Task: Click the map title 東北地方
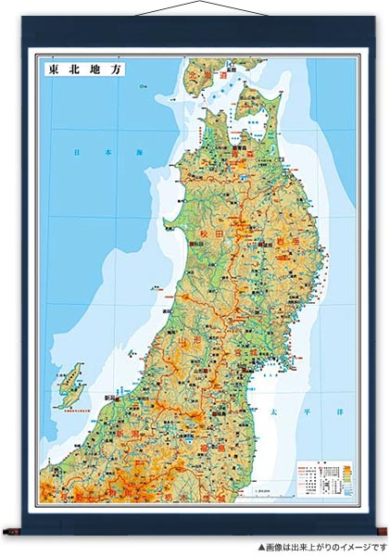[81, 69]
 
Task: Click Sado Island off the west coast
[69, 385]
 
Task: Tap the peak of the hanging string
[195, 3]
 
